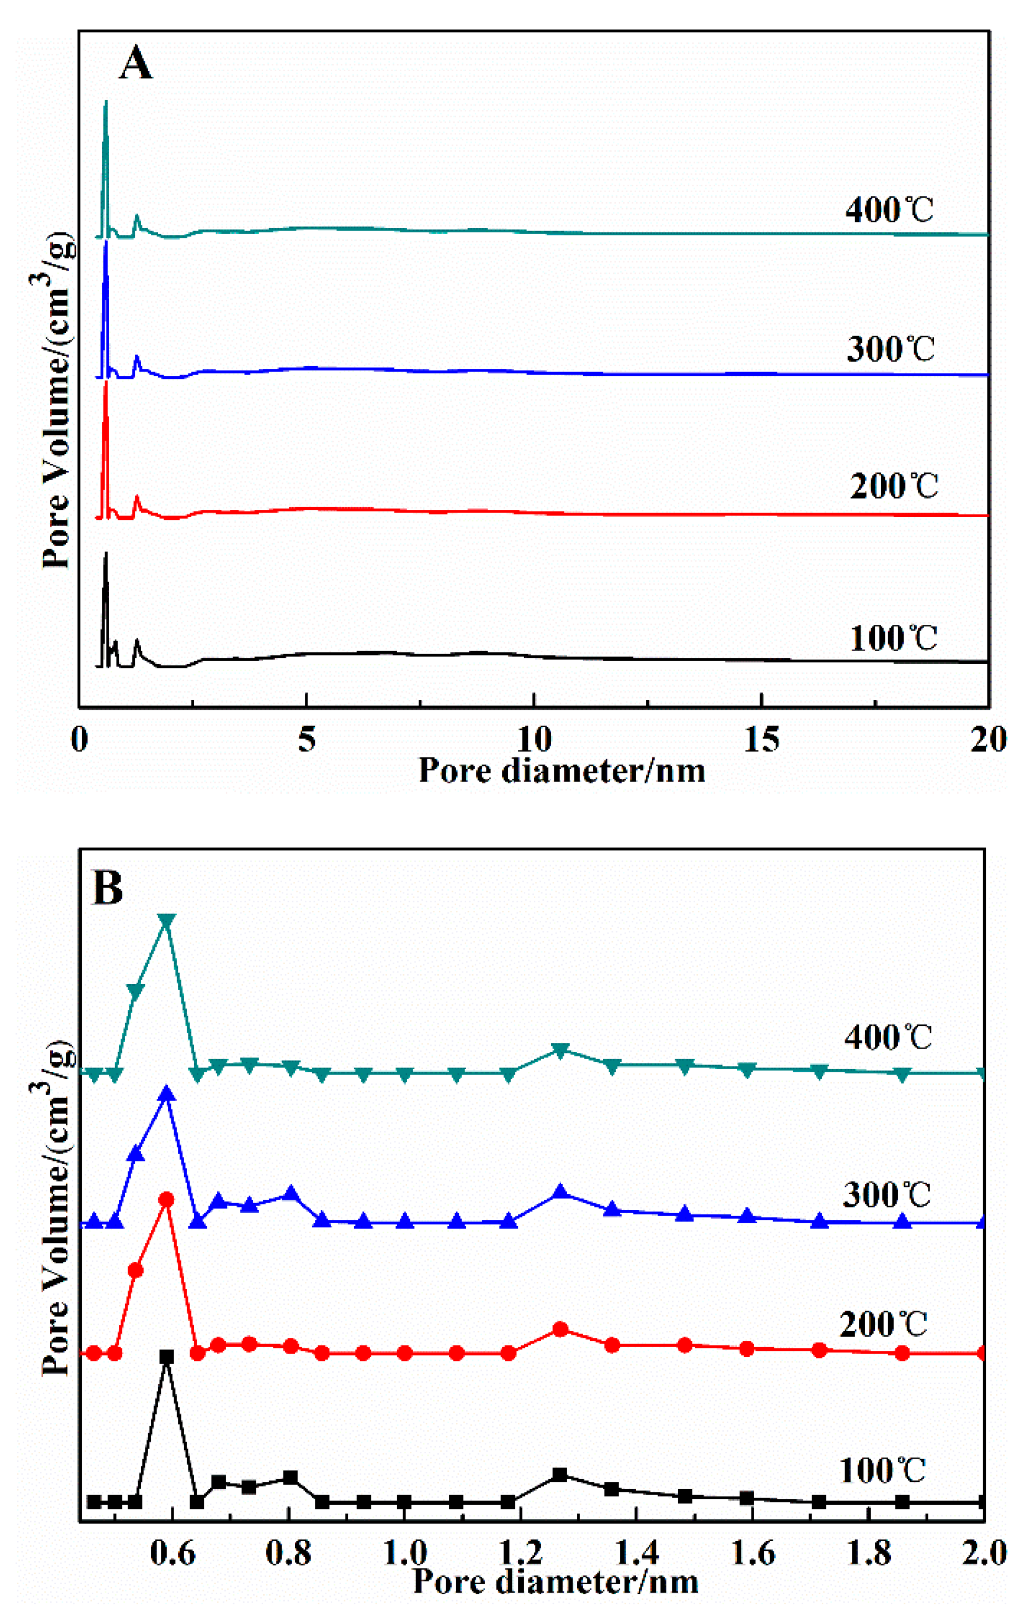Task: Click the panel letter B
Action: [x=108, y=887]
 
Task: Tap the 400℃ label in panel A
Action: [x=889, y=211]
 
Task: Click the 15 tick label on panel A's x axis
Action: [x=762, y=739]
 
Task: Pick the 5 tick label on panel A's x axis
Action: [x=306, y=739]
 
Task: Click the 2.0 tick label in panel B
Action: [x=985, y=1554]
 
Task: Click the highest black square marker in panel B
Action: [x=167, y=1357]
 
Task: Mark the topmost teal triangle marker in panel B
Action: [x=167, y=922]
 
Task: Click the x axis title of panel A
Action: [x=562, y=770]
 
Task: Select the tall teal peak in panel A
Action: [x=105, y=103]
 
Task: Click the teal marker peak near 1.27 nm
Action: [x=560, y=1051]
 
